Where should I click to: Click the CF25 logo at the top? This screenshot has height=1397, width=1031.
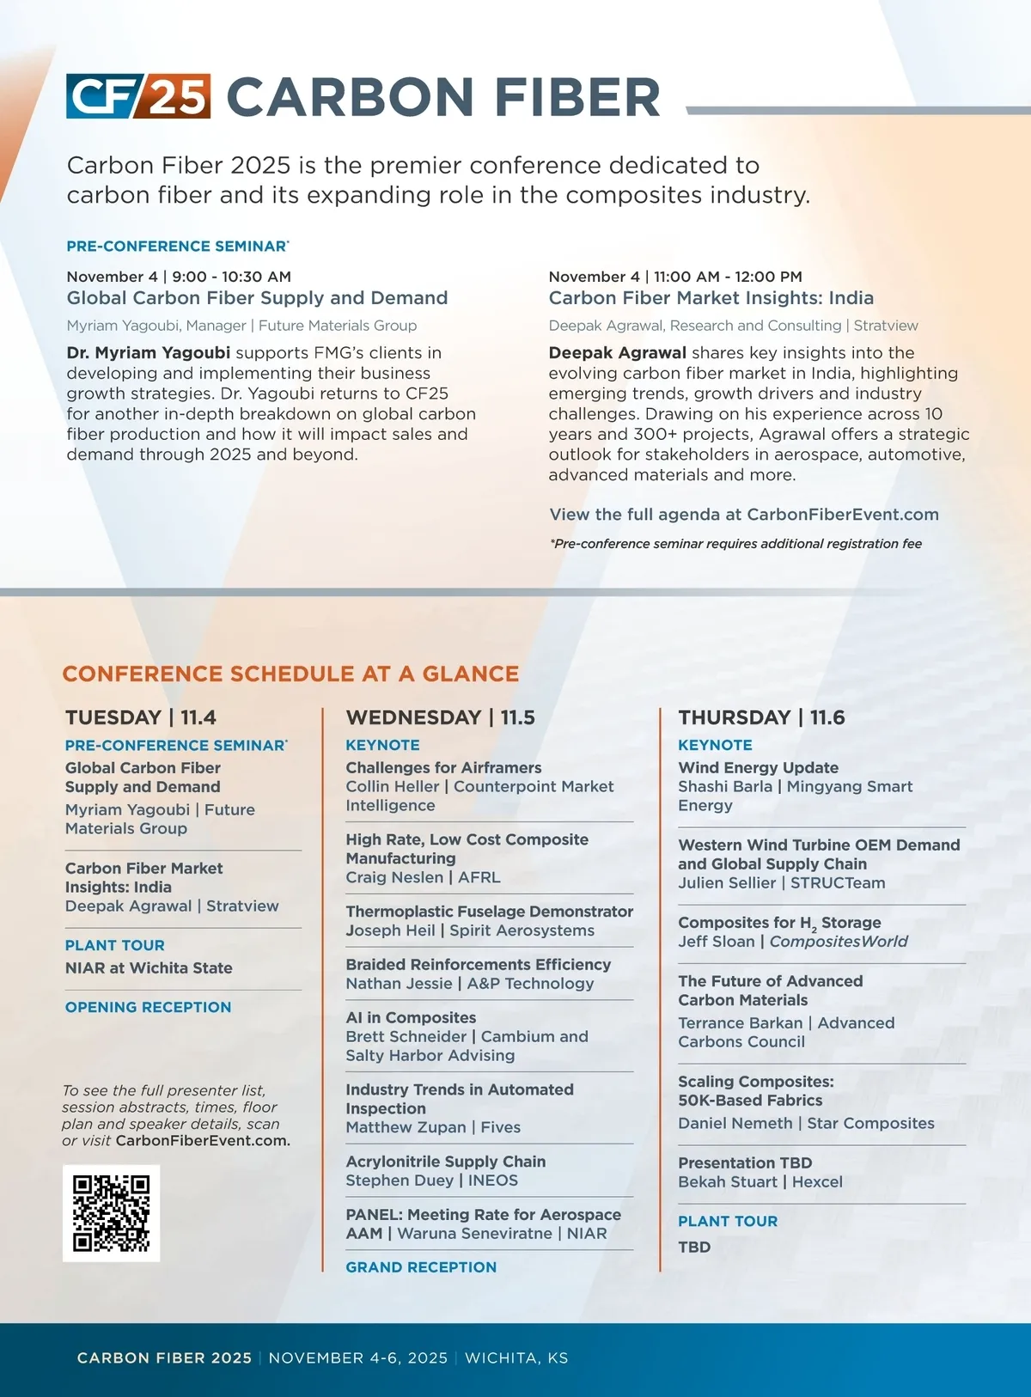138,96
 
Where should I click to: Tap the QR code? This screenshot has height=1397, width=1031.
112,1213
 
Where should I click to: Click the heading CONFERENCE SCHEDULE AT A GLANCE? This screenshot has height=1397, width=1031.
290,674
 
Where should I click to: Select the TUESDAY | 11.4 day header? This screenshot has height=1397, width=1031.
141,717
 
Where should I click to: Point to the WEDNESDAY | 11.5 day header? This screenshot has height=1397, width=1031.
440,717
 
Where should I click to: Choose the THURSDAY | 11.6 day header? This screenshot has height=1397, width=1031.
761,717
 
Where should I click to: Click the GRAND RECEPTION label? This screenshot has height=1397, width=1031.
421,1267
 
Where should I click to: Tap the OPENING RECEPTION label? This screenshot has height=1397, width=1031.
148,1007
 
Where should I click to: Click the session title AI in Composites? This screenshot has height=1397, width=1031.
411,1017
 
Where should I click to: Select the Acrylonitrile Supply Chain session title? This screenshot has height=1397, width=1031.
445,1162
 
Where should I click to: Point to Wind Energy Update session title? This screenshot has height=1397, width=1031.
758,767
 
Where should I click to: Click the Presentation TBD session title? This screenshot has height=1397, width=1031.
745,1162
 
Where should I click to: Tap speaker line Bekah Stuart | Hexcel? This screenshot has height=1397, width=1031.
760,1182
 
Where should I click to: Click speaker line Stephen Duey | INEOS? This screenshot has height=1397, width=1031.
431,1180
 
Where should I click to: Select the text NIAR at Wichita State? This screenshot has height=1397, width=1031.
149,968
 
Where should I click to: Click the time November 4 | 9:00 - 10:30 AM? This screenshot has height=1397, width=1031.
179,277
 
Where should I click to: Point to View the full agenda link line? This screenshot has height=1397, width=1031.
744,515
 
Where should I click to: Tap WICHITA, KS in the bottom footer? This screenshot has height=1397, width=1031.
516,1358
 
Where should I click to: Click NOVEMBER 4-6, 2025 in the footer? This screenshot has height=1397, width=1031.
357,1358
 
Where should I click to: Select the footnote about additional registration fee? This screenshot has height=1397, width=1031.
735,544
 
